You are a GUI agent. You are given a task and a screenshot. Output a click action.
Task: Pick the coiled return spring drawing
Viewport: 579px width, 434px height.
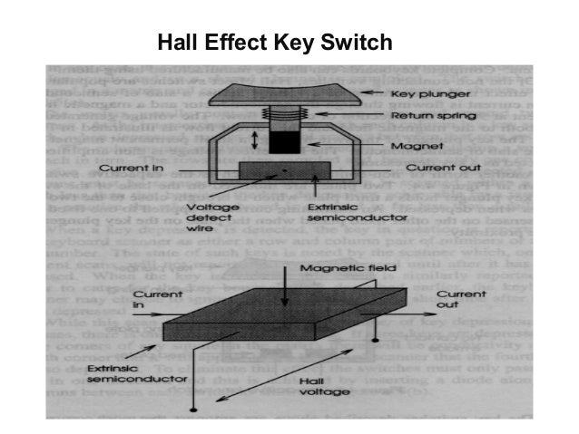tap(287, 117)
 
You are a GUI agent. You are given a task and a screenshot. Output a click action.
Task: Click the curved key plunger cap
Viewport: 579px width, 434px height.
tap(287, 93)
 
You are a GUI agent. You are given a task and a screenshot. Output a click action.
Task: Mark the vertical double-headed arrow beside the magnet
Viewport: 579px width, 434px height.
tap(256, 140)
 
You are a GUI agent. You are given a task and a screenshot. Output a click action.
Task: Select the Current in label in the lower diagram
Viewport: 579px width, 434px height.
tap(150, 301)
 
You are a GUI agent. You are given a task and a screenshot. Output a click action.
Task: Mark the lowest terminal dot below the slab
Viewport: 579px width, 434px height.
tap(191, 411)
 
